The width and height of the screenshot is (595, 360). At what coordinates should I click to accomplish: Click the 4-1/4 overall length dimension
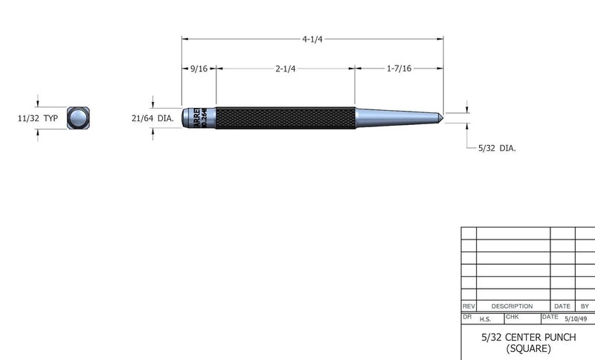pos(313,39)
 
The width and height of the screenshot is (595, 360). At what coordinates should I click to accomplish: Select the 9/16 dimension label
pos(199,68)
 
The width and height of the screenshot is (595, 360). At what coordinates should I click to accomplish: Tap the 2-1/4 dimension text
pos(286,68)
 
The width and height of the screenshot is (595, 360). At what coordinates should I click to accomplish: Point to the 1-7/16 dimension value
pos(399,68)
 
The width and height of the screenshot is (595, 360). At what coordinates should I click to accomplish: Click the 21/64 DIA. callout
pos(152,118)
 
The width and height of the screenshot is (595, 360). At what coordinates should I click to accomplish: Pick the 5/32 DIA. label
pos(496,148)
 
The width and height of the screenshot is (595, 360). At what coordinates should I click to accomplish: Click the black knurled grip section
pos(285,118)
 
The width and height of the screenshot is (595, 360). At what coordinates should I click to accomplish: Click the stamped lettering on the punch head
pos(199,118)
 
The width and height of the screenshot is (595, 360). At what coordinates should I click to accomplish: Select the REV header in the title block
pos(469,306)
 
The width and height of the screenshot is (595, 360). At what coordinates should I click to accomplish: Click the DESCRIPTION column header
pos(512,306)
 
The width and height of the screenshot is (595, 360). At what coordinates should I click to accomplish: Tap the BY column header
pos(585,306)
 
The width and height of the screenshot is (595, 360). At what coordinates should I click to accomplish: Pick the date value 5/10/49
pos(576,319)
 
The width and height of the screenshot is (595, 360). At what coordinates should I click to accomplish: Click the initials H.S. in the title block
pos(485,320)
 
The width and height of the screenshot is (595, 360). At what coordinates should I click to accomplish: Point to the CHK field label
pos(512,316)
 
